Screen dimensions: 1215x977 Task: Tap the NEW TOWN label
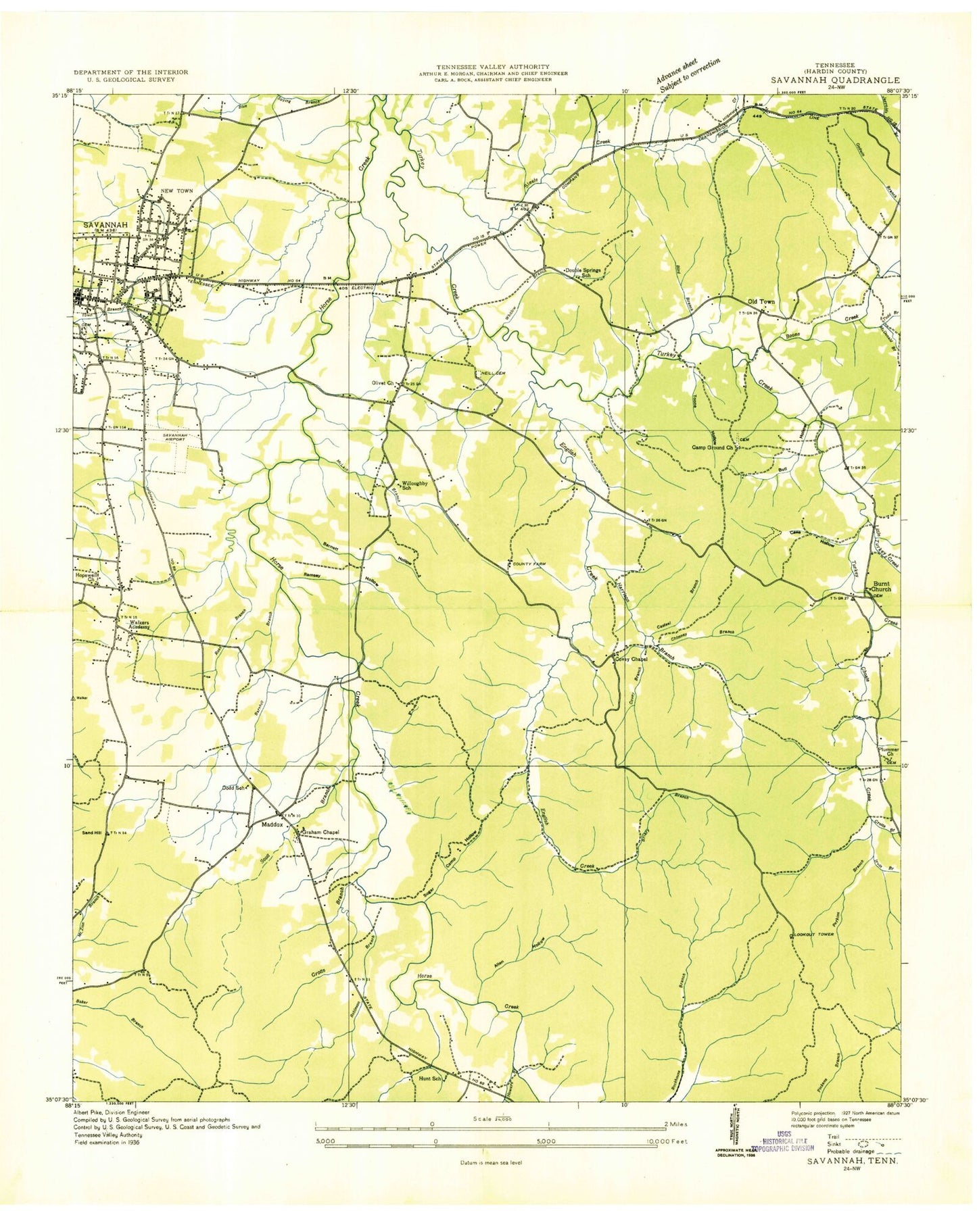[176, 191]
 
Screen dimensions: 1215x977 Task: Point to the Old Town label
[761, 302]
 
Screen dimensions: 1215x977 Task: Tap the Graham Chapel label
[320, 832]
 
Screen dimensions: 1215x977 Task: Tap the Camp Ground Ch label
[712, 447]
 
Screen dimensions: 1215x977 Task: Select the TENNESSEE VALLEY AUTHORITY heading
[492, 66]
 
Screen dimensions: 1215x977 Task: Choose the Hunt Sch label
[430, 1098]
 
